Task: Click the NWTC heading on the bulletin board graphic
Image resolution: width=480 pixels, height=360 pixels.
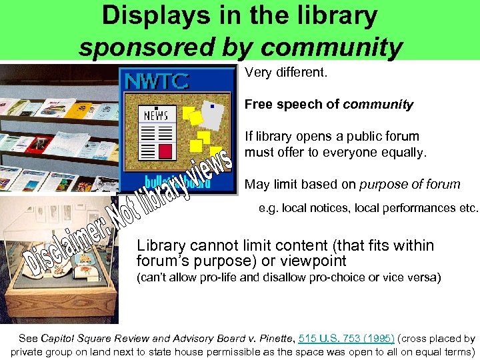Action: [x=158, y=81]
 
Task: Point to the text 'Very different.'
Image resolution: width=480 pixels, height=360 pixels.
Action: [x=286, y=72]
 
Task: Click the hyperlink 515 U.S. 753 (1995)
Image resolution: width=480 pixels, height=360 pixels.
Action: [x=346, y=339]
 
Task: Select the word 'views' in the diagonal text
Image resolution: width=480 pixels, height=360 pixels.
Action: [x=213, y=171]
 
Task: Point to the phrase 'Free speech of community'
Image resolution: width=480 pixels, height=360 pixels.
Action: [x=329, y=105]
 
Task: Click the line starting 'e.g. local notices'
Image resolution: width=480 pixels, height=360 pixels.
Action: [x=368, y=208]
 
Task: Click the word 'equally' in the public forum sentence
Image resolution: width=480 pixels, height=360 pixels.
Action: [x=399, y=151]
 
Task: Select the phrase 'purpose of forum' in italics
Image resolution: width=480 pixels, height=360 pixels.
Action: [x=410, y=185]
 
